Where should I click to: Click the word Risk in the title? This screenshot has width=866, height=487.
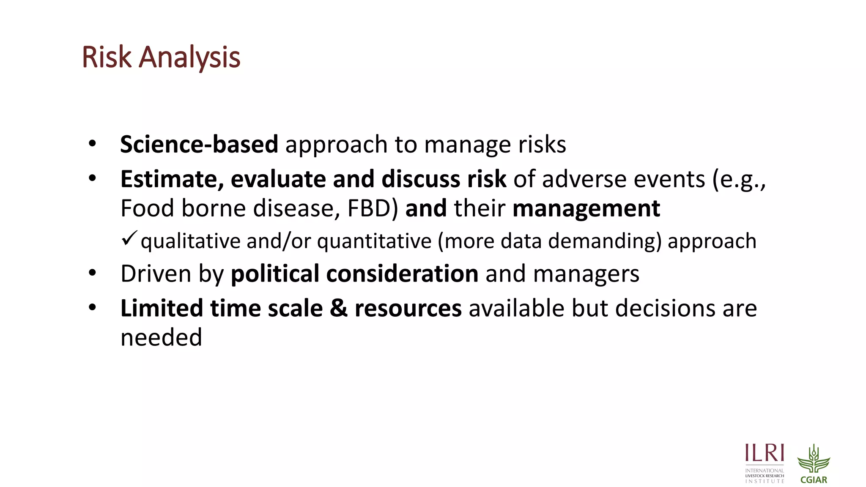(x=107, y=57)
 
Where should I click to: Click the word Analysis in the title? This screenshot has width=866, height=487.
(x=189, y=58)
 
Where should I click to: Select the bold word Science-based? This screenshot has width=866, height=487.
(x=199, y=145)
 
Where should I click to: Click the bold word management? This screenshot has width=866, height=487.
(x=586, y=209)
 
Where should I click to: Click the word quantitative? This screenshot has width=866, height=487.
(x=374, y=241)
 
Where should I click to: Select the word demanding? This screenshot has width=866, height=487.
(x=604, y=241)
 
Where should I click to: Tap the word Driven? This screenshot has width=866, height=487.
(x=156, y=274)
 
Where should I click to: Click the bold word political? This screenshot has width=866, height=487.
(x=275, y=274)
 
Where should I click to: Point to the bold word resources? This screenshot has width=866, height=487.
(x=408, y=309)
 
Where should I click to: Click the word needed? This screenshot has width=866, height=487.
(x=161, y=337)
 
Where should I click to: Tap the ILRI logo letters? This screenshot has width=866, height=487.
(x=765, y=453)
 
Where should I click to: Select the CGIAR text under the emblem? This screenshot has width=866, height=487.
(x=814, y=480)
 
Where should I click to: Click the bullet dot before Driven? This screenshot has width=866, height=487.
(x=92, y=273)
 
